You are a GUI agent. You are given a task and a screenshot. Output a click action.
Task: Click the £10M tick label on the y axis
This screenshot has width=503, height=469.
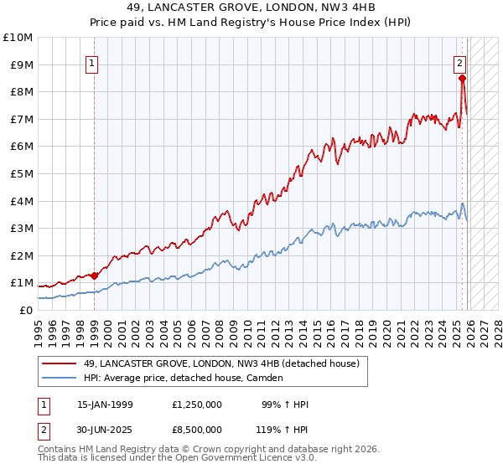click(18, 38)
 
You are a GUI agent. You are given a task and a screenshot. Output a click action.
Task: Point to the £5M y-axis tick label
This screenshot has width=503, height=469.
click(20, 174)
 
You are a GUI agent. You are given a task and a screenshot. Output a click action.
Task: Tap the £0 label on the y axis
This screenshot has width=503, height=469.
click(26, 310)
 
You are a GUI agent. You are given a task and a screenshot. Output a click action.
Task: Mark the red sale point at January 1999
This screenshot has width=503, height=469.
click(94, 276)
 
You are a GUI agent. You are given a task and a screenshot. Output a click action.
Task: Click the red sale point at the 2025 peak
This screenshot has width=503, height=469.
click(462, 79)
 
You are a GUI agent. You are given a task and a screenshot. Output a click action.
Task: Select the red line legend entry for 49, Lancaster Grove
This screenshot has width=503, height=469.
click(221, 363)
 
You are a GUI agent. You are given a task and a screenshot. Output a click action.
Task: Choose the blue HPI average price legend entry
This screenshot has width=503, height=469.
click(183, 378)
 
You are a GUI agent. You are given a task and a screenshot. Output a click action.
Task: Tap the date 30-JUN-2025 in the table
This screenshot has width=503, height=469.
click(105, 429)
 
